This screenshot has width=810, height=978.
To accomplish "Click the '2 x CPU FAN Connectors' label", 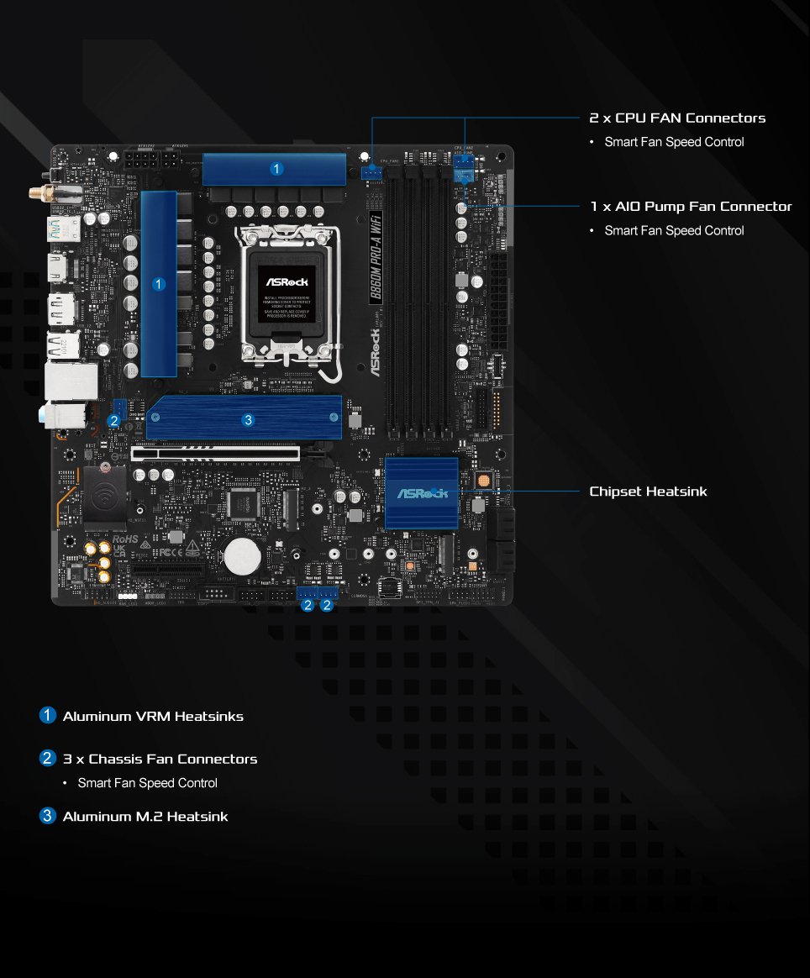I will pos(677,118).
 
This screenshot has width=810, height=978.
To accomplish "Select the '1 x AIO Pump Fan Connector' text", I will pos(691,206).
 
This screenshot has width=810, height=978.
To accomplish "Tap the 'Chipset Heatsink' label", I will pos(648,491).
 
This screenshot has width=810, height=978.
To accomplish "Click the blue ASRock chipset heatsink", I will pos(421,493).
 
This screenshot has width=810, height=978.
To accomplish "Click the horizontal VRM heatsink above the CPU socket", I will pos(275,169).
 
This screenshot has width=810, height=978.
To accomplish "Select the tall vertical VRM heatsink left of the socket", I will pos(158,284).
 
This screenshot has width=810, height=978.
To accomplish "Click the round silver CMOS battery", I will pos(242,555).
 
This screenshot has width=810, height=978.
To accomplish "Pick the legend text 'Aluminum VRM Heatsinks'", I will pos(153,716).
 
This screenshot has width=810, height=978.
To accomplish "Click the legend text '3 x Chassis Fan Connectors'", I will pos(160,759).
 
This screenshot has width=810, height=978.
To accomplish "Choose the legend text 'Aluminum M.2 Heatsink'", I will pos(145,816).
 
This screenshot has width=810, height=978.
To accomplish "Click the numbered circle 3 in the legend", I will pos(48,816).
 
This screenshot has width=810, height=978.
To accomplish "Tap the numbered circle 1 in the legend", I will pos(48,716).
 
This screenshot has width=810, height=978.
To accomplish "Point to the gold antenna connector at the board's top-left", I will pos(39,192).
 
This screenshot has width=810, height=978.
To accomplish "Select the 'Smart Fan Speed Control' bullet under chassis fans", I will pos(147,783).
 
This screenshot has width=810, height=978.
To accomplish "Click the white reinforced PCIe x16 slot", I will pos(216,453).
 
